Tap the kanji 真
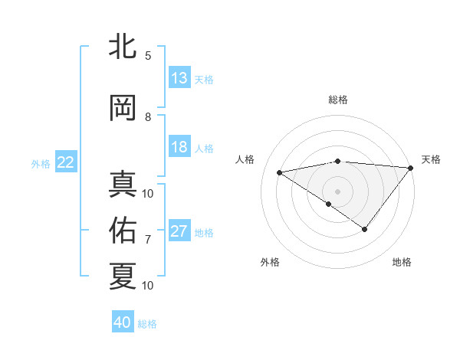pos(123,185)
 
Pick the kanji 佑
pos(123,231)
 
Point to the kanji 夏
pos(123,277)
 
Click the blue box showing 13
pos(179,78)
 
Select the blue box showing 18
pos(179,148)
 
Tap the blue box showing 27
pos(179,232)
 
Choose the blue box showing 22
pos(66,162)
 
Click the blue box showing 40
pos(123,323)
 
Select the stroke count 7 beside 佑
pos(148,240)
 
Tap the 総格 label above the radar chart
pos(337,100)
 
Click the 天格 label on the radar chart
pos(431,159)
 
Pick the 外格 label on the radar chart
pos(270,262)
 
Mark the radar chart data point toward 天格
pos(411,168)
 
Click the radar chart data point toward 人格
pos(280,172)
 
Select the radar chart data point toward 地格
pos(365,229)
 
